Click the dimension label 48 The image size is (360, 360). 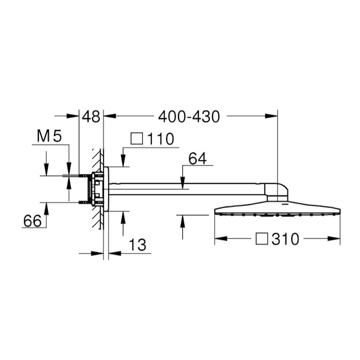91,117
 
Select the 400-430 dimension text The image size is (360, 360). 189,117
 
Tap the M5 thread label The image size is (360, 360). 49,136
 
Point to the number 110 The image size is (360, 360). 160,139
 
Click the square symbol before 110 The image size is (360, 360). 137,138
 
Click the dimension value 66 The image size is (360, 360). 32,221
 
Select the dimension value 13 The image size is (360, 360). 137,245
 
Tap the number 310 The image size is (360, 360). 286,239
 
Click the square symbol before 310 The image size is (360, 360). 262,239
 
